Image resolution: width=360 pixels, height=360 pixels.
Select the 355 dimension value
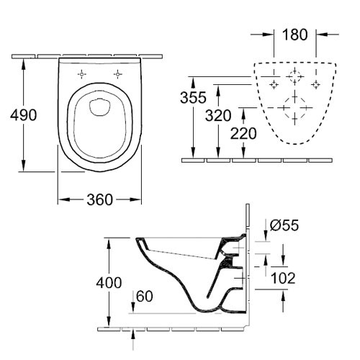[x=194, y=96]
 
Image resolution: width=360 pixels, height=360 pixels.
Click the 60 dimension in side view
[x=143, y=296]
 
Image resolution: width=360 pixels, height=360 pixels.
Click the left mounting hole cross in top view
[x=82, y=73]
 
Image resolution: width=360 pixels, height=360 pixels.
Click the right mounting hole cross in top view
[x=117, y=73]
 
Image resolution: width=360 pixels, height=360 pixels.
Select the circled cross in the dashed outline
[x=294, y=75]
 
